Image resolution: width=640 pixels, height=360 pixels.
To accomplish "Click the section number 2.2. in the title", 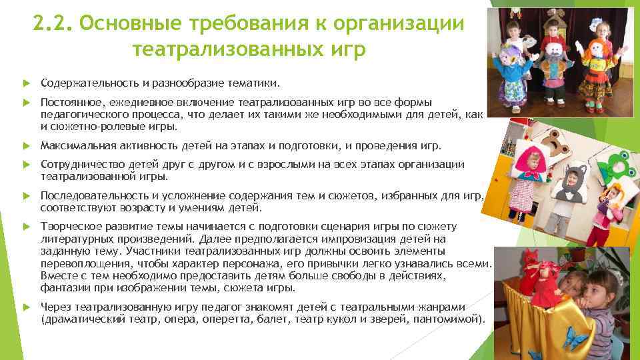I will [53, 25].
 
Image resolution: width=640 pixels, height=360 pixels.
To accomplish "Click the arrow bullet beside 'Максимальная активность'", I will [27, 145].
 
